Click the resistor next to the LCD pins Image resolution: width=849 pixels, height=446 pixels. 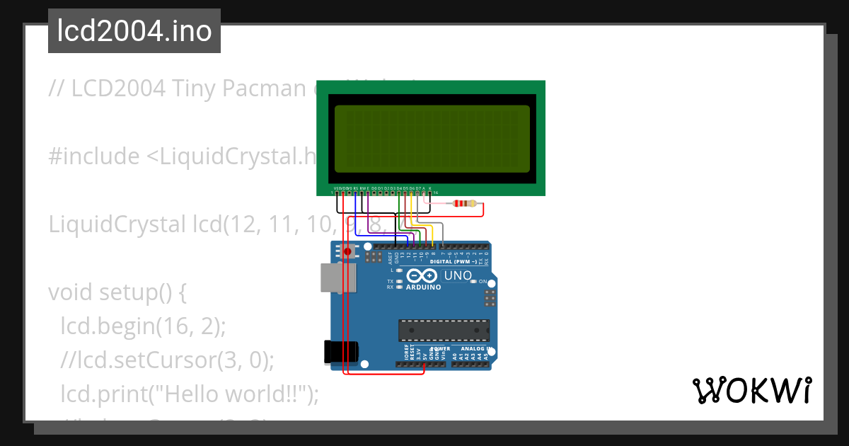(x=463, y=204)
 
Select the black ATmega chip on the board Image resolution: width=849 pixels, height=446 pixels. (x=444, y=331)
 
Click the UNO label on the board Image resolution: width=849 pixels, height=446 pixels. (x=457, y=275)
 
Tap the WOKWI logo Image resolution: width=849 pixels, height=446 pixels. (x=751, y=391)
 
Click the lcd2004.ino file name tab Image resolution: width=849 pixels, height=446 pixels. (x=134, y=31)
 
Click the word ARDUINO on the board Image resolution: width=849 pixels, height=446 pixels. (x=424, y=287)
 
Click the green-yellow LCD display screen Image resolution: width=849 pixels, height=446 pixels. (x=432, y=139)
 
